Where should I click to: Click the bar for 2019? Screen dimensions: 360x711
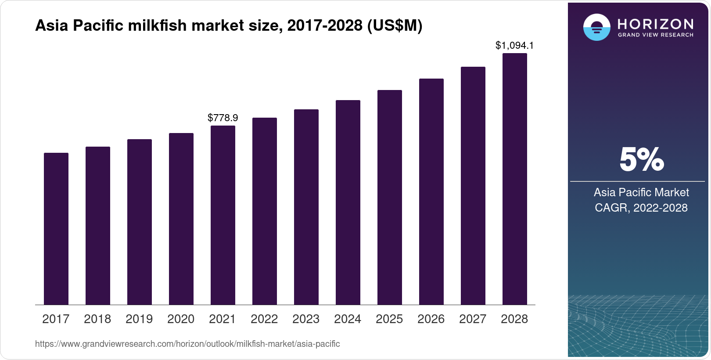click(x=140, y=222)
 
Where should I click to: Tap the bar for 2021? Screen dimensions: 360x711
click(x=223, y=215)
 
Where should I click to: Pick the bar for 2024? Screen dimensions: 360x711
click(x=348, y=202)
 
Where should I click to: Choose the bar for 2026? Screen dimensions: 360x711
click(x=431, y=191)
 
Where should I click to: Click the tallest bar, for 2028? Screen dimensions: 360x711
click(x=515, y=179)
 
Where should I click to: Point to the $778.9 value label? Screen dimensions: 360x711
click(x=223, y=118)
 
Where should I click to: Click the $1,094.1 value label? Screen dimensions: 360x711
click(x=514, y=45)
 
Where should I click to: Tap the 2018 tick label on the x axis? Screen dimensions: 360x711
click(x=97, y=319)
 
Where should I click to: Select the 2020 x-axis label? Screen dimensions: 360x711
click(x=181, y=319)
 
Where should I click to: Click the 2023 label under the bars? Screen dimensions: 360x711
click(x=306, y=319)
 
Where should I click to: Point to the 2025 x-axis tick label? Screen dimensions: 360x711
click(x=389, y=319)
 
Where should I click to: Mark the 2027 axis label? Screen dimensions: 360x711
click(x=473, y=319)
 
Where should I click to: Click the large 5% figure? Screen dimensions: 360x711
click(x=641, y=160)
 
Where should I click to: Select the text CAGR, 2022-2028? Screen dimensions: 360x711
click(x=641, y=208)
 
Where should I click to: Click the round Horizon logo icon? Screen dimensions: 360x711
click(x=596, y=28)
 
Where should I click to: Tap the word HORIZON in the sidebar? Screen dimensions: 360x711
click(x=655, y=24)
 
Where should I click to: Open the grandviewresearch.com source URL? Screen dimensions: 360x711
click(x=187, y=344)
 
